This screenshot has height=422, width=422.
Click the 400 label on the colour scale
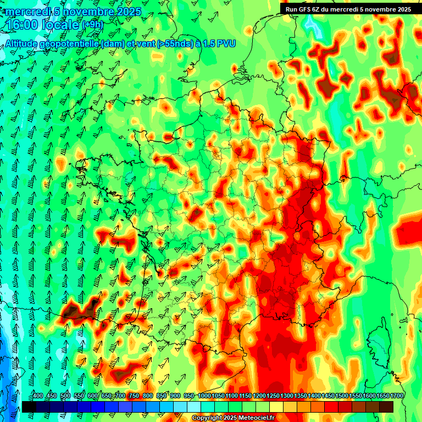point(38,396)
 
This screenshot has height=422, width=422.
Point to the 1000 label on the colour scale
point(204,396)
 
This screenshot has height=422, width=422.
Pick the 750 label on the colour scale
point(134,396)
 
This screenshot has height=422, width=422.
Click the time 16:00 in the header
point(22,24)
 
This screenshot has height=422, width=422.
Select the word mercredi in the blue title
point(27,12)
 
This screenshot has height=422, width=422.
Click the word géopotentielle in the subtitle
point(69,43)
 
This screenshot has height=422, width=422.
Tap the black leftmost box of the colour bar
point(29,407)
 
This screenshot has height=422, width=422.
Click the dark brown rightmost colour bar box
point(386,407)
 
